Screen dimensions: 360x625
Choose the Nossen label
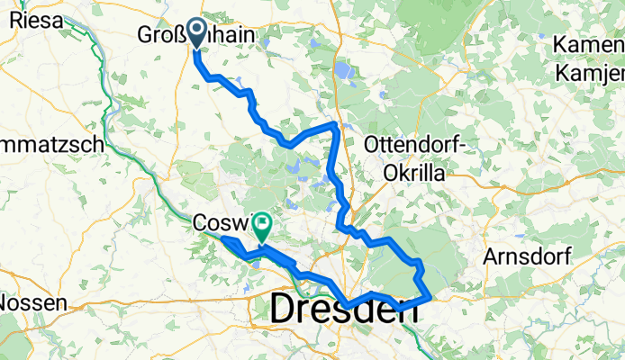click(33, 303)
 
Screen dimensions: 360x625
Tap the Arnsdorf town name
click(527, 256)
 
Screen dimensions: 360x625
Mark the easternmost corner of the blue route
click(431, 295)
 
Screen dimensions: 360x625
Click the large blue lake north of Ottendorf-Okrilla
click(343, 69)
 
